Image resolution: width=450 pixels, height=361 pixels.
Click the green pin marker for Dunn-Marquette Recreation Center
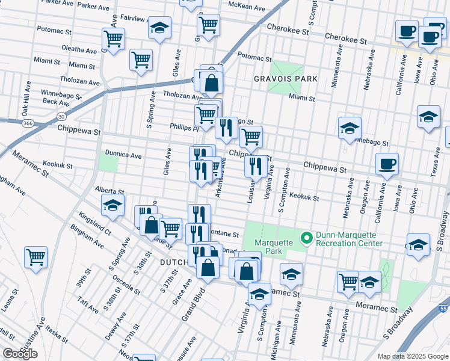(x=307, y=239)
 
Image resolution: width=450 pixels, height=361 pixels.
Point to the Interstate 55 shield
(x=444, y=308)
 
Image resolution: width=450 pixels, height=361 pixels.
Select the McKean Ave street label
(x=246, y=8)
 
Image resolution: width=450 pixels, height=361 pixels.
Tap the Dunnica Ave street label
(x=123, y=155)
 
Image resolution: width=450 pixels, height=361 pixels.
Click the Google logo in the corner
(x=20, y=354)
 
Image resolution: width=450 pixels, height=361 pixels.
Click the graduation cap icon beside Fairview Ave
(x=159, y=28)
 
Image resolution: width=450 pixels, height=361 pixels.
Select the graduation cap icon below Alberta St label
(x=112, y=205)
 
